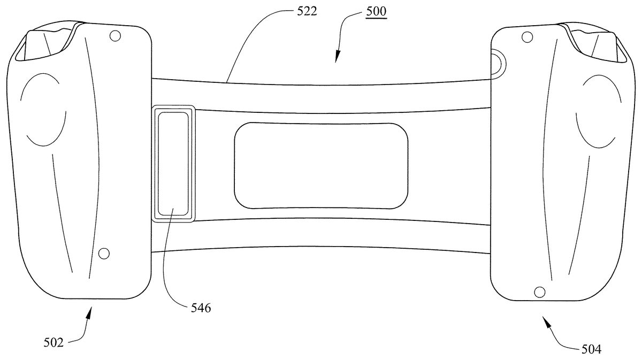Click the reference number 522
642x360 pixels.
[307, 11]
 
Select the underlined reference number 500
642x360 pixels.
[376, 11]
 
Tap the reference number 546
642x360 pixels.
[201, 308]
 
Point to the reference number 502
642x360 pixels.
[53, 343]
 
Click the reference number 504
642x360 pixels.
[591, 349]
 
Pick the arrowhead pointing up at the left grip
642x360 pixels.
[89, 312]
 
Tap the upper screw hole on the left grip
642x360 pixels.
[115, 36]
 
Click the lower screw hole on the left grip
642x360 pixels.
[104, 253]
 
